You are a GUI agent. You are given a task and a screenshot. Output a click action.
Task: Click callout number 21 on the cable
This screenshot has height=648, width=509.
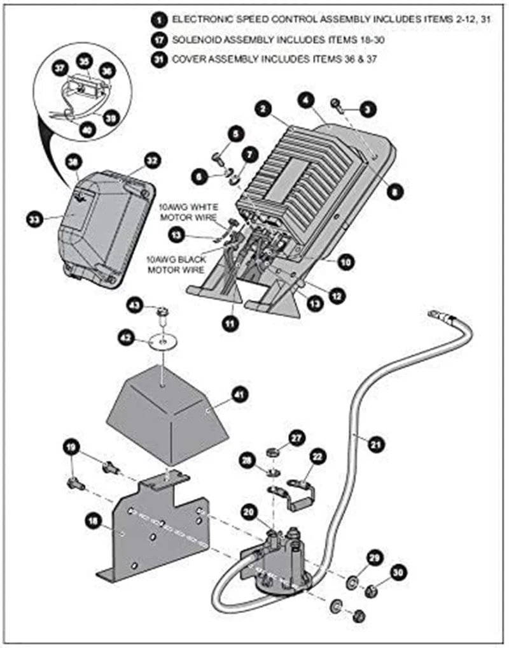(x=376, y=443)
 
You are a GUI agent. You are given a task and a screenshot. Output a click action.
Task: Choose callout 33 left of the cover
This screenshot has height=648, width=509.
(x=34, y=219)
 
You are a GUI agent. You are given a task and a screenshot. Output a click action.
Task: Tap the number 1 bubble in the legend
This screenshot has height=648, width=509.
(x=158, y=20)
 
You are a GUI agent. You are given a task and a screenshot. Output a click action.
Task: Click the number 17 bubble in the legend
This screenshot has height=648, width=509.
(x=158, y=40)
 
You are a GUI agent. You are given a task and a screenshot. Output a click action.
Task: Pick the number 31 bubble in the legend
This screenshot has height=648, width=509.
(x=158, y=59)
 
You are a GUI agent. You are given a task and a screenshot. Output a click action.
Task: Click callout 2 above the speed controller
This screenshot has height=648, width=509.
(x=262, y=109)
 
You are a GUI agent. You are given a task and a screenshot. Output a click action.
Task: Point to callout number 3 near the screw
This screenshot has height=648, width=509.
(x=366, y=109)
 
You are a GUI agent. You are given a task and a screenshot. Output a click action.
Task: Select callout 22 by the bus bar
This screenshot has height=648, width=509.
(x=317, y=457)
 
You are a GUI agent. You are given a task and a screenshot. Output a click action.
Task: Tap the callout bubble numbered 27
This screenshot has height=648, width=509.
(x=296, y=437)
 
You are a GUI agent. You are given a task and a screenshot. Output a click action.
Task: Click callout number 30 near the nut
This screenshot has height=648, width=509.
(x=399, y=573)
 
